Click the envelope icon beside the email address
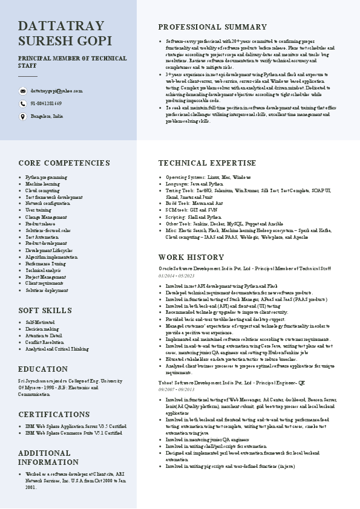(23, 91)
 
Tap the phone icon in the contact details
(23, 103)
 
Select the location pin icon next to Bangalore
(23, 115)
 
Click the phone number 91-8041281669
(46, 103)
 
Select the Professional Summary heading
(212, 27)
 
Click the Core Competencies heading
(64, 163)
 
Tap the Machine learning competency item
(42, 183)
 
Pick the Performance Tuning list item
(46, 264)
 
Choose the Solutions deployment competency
(47, 290)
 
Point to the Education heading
(43, 369)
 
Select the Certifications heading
(54, 415)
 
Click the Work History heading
(191, 258)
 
